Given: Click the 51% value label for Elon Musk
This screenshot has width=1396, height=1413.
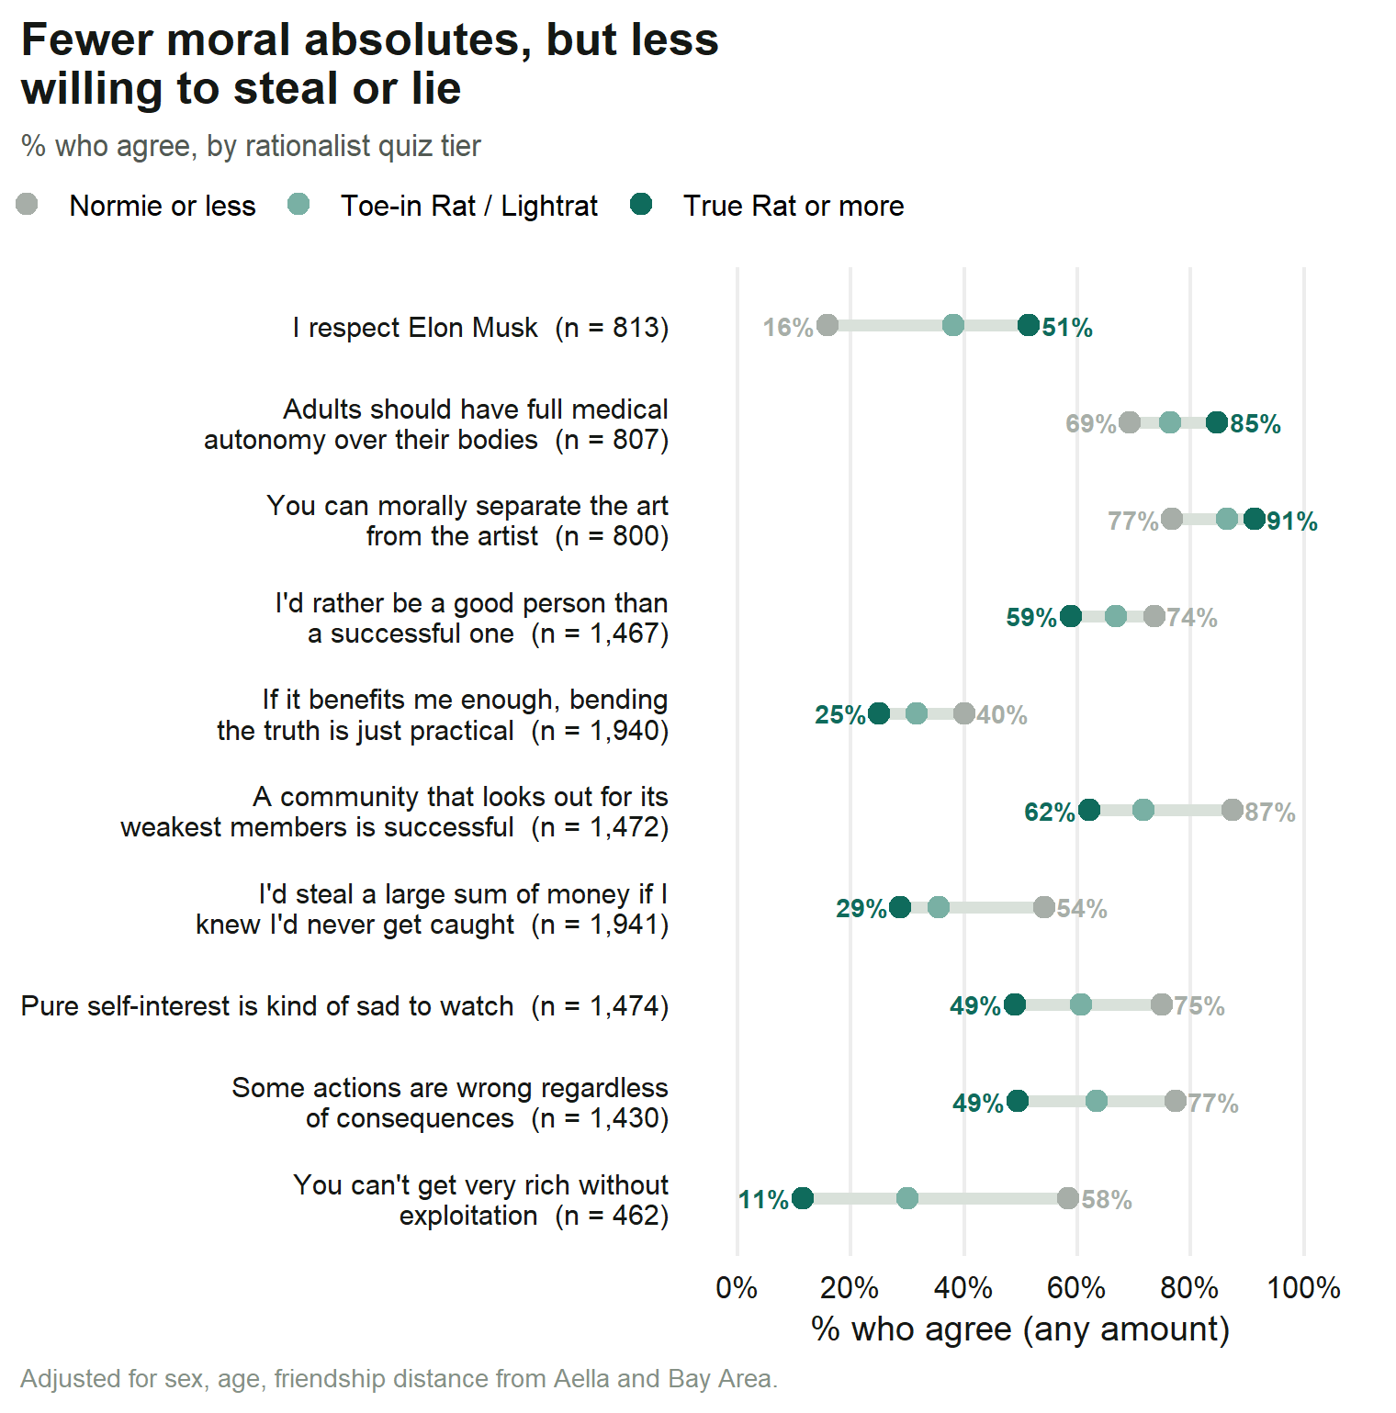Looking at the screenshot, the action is coord(1067,328).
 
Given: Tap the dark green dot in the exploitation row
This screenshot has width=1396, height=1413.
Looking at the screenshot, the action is coord(803,1198).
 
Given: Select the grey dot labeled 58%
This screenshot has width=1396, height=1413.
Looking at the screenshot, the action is coord(1067,1198).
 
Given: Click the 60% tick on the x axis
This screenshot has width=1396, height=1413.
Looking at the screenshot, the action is coord(1076,1288).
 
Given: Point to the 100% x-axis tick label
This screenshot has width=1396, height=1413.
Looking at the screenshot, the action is coord(1304,1288).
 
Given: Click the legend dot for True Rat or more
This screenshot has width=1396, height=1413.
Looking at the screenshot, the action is coord(641,204).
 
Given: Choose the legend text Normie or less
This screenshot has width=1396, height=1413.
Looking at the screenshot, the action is coord(163,206).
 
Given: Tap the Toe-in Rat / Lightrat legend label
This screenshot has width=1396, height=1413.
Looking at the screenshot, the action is coord(469,206).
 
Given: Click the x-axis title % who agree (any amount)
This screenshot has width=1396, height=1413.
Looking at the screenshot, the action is coord(1020,1329).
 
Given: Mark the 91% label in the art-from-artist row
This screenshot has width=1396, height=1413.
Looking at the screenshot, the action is coord(1292,521).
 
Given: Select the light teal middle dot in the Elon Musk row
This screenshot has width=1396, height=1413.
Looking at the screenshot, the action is coord(953,325).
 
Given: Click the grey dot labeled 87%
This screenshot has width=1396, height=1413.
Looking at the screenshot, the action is coord(1233,810).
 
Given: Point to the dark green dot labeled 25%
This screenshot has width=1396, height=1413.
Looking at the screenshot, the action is coord(879,713).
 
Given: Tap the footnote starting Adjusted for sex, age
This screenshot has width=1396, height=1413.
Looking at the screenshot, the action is coord(400,1379).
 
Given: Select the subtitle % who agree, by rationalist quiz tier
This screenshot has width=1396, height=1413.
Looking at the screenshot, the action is coord(251,146).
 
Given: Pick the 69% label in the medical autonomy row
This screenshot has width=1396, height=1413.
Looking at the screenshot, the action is coord(1090,424).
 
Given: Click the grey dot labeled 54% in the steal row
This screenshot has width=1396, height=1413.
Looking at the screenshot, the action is coord(1044,907).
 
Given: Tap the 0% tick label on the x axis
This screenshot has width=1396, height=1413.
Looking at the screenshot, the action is coord(737,1288).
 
